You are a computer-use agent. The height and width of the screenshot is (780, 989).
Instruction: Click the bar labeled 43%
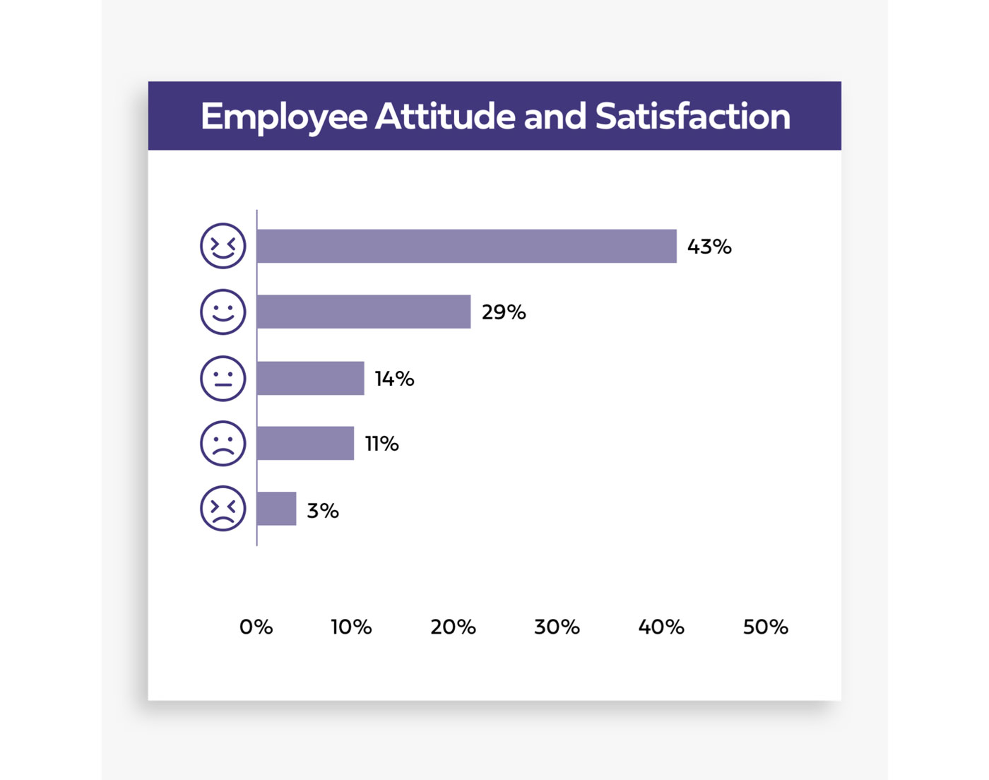(x=466, y=246)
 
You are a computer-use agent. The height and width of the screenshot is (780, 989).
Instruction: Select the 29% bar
(x=364, y=312)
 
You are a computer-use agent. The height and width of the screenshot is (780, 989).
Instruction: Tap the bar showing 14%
(x=311, y=378)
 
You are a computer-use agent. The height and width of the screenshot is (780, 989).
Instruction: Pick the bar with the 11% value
(x=305, y=443)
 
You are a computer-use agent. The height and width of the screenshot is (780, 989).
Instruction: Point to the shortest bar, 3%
(x=276, y=509)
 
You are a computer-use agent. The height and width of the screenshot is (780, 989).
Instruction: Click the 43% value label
(x=709, y=247)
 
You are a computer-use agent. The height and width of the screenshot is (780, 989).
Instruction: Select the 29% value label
(x=504, y=312)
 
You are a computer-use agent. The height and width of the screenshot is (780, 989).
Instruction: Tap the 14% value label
(x=394, y=379)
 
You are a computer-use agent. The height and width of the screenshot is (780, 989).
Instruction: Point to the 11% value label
(x=381, y=444)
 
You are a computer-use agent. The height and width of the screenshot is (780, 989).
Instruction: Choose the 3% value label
(x=323, y=510)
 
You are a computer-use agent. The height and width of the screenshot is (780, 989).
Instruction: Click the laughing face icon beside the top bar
(x=223, y=246)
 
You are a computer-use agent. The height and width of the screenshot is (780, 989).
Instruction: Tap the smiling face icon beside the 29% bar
(x=223, y=312)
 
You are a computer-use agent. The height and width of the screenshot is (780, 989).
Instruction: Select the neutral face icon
(x=223, y=378)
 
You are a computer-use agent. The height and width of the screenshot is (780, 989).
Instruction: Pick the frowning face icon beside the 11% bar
(x=223, y=443)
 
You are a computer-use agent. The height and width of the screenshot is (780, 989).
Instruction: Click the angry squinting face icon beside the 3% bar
(x=223, y=509)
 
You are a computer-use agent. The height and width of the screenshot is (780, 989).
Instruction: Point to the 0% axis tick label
(x=256, y=627)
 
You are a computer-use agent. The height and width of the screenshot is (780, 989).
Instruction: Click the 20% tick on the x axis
(x=453, y=627)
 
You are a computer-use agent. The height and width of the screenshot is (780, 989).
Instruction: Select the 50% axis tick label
(x=765, y=627)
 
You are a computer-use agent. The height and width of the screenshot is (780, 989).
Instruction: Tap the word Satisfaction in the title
(x=692, y=117)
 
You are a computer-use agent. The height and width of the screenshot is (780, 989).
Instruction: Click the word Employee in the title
(x=284, y=117)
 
